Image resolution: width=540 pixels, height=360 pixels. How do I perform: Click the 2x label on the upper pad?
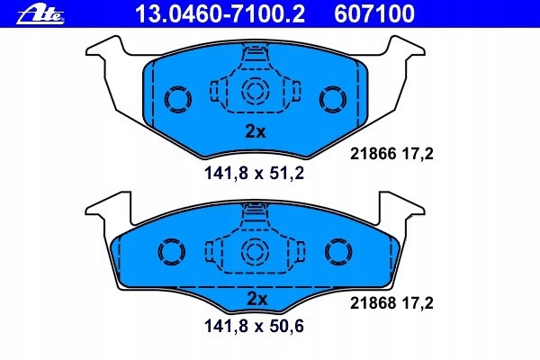pos(256,130)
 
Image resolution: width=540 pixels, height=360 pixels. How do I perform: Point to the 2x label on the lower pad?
pos(256,298)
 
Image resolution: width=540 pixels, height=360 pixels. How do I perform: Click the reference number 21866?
pos(370,155)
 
